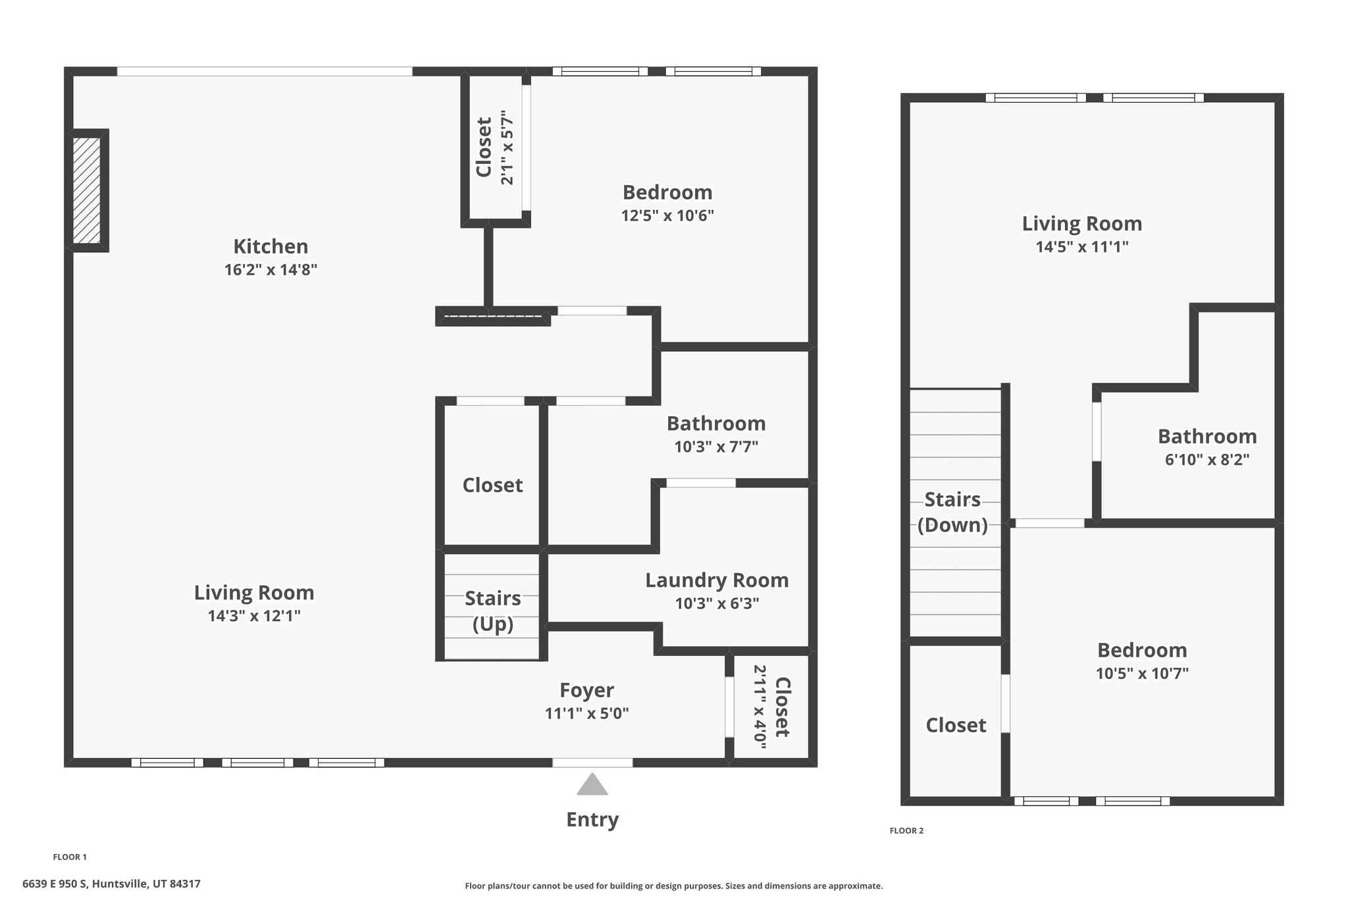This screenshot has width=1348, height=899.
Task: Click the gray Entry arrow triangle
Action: (592, 784)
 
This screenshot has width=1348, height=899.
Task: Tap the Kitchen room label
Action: (271, 246)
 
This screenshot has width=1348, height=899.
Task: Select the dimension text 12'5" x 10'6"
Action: (667, 215)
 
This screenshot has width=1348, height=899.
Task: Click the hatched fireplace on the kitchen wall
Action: (86, 190)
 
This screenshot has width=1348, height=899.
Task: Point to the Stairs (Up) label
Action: (492, 611)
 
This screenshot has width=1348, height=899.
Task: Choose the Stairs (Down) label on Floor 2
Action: (952, 512)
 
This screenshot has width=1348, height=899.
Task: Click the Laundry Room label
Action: (717, 580)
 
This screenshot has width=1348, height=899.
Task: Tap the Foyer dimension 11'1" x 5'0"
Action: (586, 713)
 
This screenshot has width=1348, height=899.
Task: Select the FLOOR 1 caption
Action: (70, 857)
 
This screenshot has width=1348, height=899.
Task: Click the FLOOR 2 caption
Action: (906, 831)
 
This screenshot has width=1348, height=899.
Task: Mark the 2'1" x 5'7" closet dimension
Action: (507, 147)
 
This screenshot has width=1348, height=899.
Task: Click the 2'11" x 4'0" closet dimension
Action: (760, 707)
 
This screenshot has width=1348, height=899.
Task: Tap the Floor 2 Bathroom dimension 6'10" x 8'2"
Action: (1207, 460)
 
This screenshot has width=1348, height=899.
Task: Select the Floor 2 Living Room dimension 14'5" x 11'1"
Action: (1082, 247)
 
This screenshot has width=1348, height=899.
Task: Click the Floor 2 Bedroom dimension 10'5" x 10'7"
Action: (1142, 674)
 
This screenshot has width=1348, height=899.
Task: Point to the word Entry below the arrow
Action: (592, 820)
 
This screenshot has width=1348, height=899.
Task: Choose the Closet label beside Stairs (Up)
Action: (492, 485)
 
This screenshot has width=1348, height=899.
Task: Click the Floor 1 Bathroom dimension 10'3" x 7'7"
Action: (716, 447)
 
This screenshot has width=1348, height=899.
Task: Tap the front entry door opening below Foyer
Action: (592, 763)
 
